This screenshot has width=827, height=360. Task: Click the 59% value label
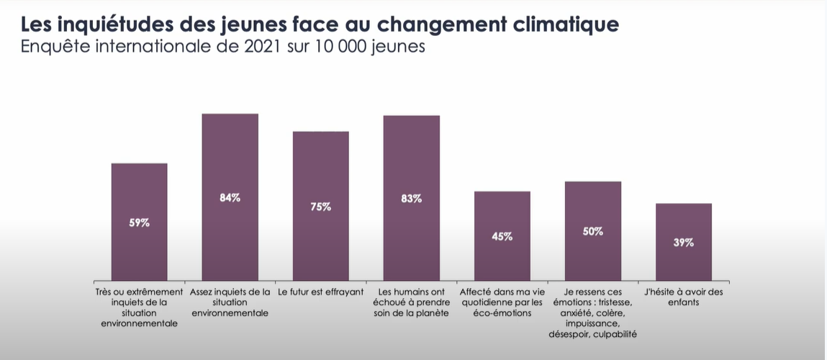[x=139, y=223]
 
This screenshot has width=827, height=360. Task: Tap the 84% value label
[x=230, y=197]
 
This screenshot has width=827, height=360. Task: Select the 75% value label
[x=321, y=207]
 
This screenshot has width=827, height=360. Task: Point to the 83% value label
[x=411, y=199]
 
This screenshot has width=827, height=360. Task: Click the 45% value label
[x=502, y=236]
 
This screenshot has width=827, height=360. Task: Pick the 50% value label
[x=592, y=231]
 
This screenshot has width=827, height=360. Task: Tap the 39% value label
[x=683, y=243]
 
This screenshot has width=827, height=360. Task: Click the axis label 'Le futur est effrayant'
[x=320, y=292]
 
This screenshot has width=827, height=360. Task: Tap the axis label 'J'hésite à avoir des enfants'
[x=684, y=297]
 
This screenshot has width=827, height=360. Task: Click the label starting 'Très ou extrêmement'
[x=139, y=292]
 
